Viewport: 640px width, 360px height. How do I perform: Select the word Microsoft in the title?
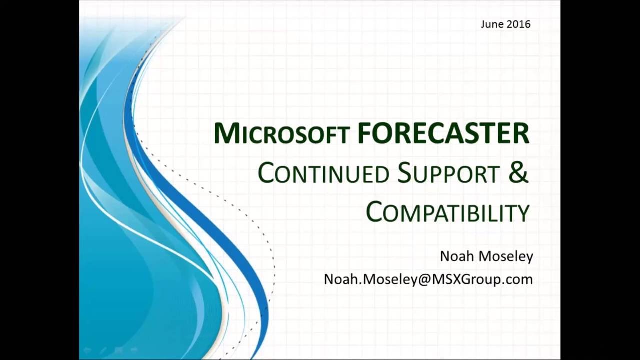[x=281, y=134]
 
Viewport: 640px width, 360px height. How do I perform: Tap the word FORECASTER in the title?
[x=443, y=133]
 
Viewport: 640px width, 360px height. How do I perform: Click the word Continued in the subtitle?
[x=323, y=173]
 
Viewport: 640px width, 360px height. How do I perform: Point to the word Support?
[x=448, y=173]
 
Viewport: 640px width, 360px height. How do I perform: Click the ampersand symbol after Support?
[x=519, y=172]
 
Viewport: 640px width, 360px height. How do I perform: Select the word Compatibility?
[x=448, y=212]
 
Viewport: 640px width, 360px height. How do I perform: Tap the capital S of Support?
[x=405, y=173]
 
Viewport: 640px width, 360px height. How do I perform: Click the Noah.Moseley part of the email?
[x=370, y=279]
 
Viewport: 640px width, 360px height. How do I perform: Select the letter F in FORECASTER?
[x=364, y=133]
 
